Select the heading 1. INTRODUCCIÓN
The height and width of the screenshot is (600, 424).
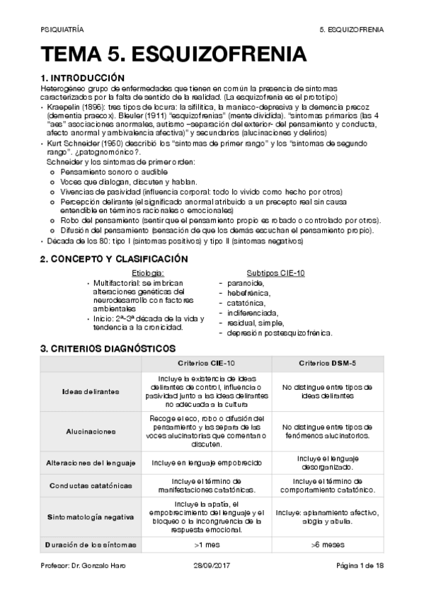click(82, 77)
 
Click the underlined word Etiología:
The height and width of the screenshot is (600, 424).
click(148, 273)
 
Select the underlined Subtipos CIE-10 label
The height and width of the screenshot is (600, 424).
click(275, 273)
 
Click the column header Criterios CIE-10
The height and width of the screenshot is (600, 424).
click(206, 363)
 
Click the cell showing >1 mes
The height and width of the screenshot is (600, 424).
click(206, 545)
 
